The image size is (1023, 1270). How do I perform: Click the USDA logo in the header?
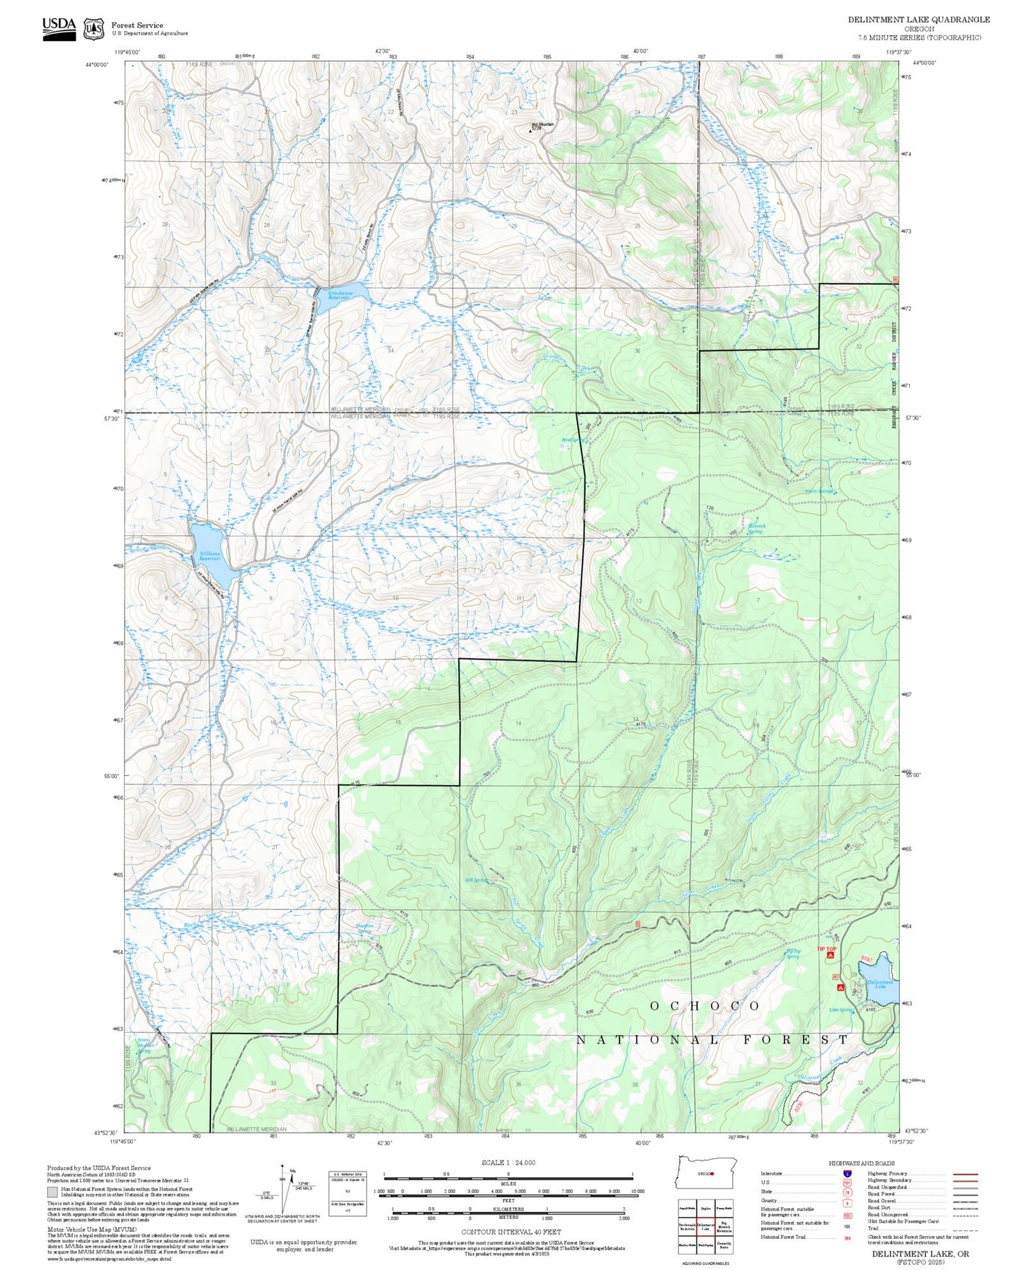pyautogui.click(x=58, y=27)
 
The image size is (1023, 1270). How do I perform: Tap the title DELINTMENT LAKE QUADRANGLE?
pyautogui.click(x=918, y=19)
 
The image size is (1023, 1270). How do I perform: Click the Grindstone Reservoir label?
pyautogui.click(x=338, y=295)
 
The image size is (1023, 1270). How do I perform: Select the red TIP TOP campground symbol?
pyautogui.click(x=830, y=955)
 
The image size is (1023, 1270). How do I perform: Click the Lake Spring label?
pyautogui.click(x=840, y=1010)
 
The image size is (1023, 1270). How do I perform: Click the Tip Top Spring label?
pyautogui.click(x=793, y=954)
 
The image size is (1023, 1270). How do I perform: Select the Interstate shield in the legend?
pyautogui.click(x=847, y=1173)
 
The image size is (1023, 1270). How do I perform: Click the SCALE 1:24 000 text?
pyautogui.click(x=508, y=1162)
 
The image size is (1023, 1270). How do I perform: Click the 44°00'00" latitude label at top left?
pyautogui.click(x=97, y=64)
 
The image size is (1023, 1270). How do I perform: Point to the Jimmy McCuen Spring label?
pyautogui.click(x=144, y=1046)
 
